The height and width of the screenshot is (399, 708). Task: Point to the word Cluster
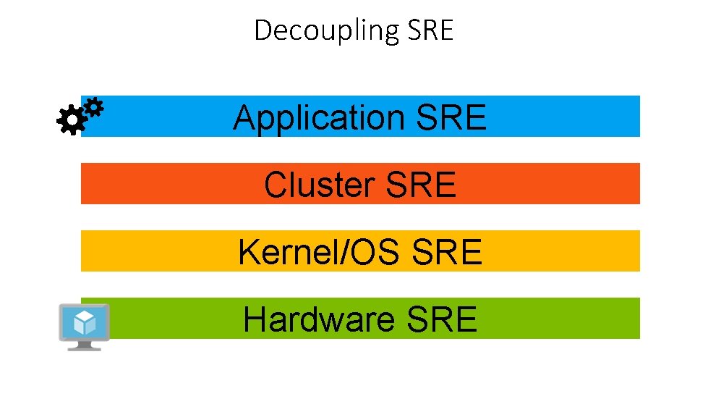coord(321,185)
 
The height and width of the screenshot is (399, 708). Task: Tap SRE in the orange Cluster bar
coord(422,185)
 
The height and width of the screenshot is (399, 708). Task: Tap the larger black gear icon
coord(70,120)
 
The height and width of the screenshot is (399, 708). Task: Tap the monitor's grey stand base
coord(84,347)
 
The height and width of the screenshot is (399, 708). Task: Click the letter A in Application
coord(243,117)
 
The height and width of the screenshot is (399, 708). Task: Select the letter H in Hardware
coord(253,319)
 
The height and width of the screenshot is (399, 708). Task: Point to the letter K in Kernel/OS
coord(248,252)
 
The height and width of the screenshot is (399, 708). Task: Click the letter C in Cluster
coord(275,185)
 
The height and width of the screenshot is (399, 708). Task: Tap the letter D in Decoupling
coord(263,30)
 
